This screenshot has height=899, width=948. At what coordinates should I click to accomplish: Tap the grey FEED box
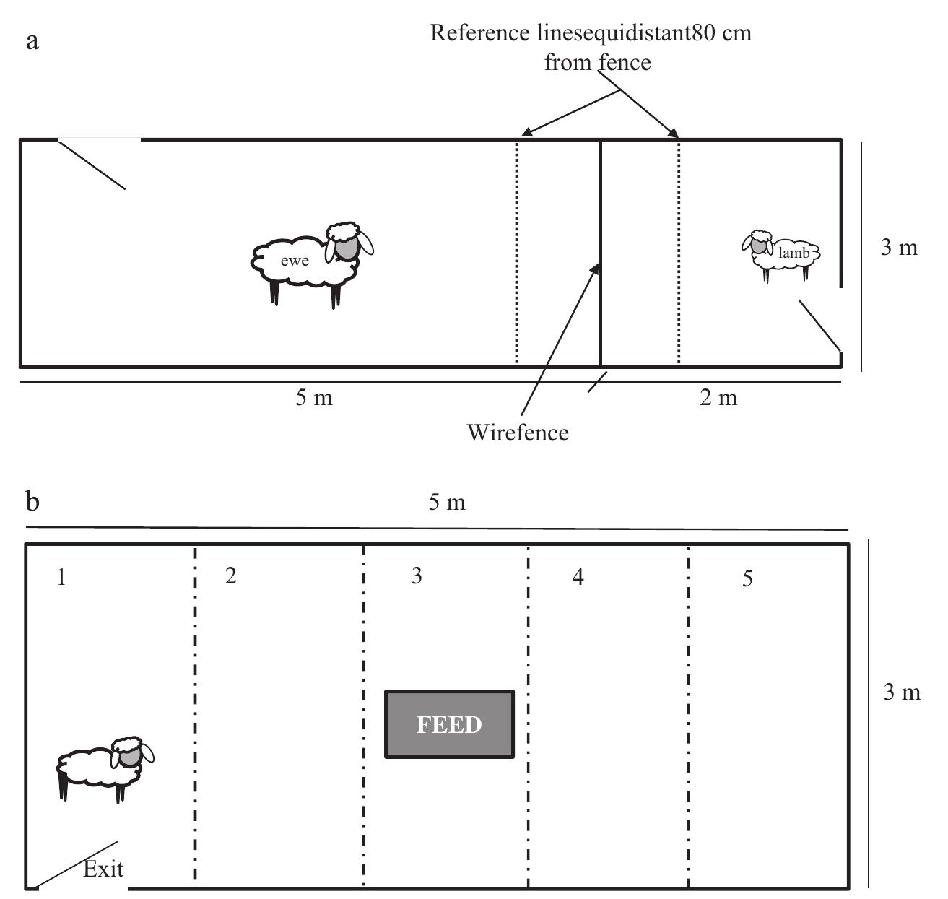click(x=449, y=724)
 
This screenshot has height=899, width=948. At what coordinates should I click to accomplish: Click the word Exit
click(x=103, y=869)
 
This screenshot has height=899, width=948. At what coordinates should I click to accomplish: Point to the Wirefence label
click(x=518, y=432)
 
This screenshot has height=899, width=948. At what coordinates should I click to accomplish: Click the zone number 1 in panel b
click(x=61, y=578)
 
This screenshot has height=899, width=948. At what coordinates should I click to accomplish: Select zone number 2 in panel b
click(x=230, y=576)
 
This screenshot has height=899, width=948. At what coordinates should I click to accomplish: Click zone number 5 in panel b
click(x=747, y=578)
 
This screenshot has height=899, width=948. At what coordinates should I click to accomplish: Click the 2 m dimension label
click(x=718, y=397)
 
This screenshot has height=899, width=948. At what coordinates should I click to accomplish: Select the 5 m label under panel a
click(x=313, y=397)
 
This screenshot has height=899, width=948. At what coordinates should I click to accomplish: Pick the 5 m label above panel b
click(x=447, y=503)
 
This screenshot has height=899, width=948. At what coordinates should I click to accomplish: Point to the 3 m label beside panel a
click(x=899, y=248)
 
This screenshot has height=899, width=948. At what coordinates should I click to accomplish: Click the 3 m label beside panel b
click(x=902, y=692)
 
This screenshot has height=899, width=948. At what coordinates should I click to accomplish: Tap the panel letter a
click(x=32, y=41)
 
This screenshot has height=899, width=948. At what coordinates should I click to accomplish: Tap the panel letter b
click(x=32, y=500)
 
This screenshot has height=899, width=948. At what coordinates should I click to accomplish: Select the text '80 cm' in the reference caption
click(x=722, y=34)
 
